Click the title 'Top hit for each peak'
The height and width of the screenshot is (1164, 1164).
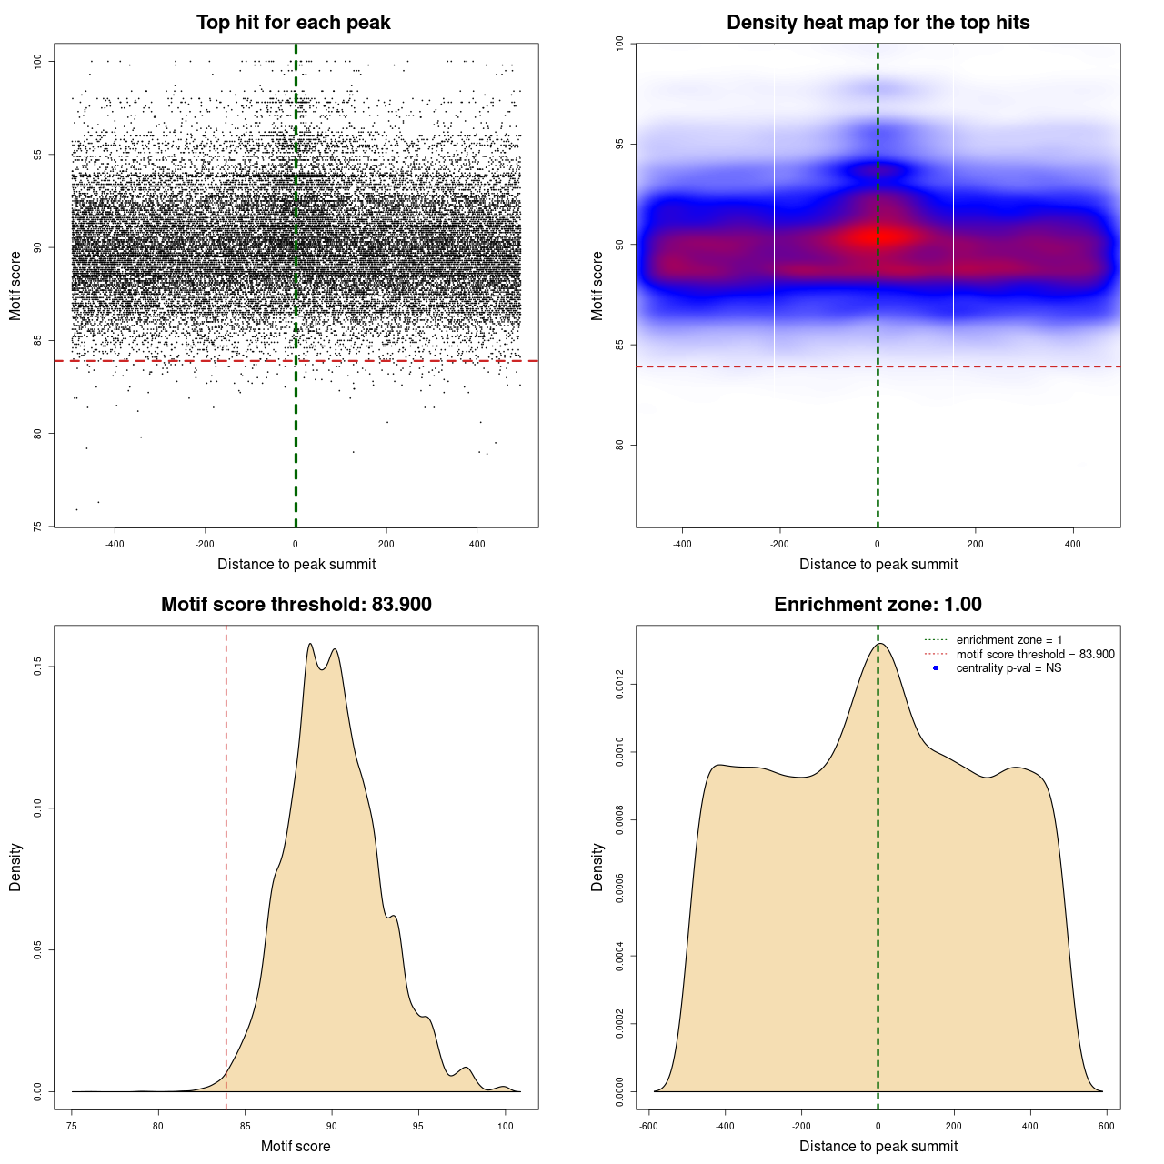[x=293, y=23]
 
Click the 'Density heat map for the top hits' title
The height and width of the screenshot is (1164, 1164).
[x=878, y=23]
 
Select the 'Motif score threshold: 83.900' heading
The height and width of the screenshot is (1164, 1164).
[x=296, y=605]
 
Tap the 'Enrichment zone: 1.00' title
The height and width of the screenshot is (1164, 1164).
[x=878, y=605]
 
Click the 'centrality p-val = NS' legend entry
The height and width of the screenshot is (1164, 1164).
[x=1008, y=668]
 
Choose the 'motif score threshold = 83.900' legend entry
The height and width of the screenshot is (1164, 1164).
[x=1035, y=655]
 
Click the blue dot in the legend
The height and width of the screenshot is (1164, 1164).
[x=936, y=668]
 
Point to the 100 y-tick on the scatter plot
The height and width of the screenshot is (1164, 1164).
[x=38, y=61]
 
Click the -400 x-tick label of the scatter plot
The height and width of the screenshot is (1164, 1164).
[x=115, y=544]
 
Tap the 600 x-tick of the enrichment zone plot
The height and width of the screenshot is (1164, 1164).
[x=1106, y=1126]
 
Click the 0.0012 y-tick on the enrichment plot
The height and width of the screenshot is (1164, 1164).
[x=620, y=685]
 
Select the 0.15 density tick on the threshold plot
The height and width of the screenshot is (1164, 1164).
[x=38, y=667]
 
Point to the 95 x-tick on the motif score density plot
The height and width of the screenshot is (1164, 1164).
[x=418, y=1126]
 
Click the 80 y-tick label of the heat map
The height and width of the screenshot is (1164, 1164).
[x=620, y=445]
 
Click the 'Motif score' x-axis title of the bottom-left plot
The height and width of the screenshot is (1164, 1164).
[x=296, y=1146]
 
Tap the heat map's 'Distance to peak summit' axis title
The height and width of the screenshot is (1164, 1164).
[x=878, y=564]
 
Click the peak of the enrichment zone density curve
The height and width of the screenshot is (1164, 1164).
[x=878, y=644]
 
